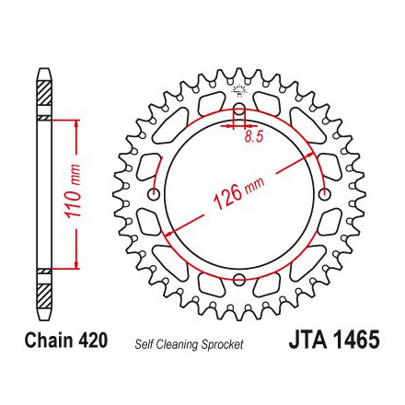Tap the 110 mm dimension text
click(x=73, y=191)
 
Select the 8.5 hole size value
click(x=254, y=137)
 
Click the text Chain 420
click(x=66, y=341)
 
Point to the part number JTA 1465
click(x=334, y=340)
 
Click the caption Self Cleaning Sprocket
click(x=189, y=345)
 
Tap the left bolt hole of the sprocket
click(x=154, y=194)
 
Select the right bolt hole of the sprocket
click(x=325, y=194)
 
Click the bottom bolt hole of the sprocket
click(x=239, y=279)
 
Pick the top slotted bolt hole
click(x=239, y=114)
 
